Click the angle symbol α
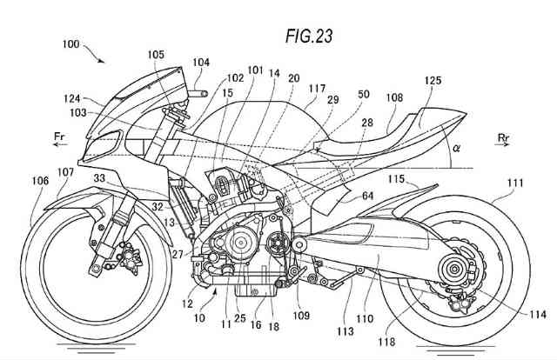coord(457,149)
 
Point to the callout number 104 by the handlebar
coord(202,62)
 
